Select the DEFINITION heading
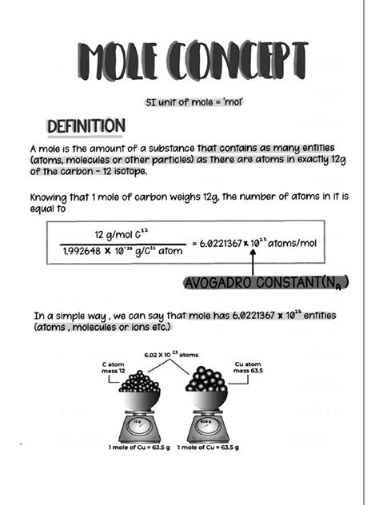[86, 126]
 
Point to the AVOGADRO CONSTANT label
[266, 283]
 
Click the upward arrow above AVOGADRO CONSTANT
[253, 260]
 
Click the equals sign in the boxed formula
[194, 243]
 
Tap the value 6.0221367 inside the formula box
[221, 243]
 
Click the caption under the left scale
[133, 447]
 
